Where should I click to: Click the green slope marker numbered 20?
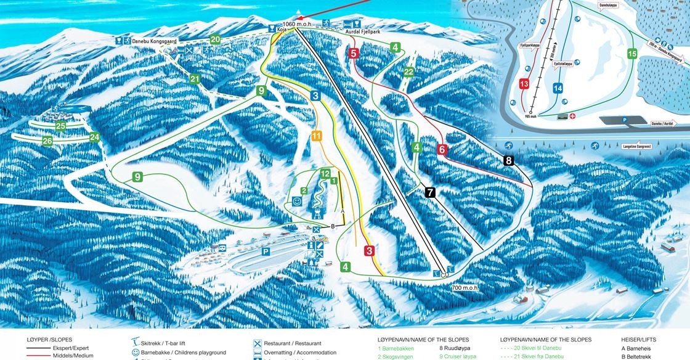(x=215, y=39)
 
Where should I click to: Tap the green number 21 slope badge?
(x=195, y=79)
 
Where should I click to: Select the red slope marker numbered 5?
(x=354, y=54)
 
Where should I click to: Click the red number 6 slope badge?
(x=442, y=149)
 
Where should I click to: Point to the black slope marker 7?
(x=430, y=192)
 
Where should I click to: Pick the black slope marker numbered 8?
(x=508, y=161)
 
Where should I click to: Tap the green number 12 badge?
(x=325, y=174)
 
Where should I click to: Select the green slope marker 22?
(x=408, y=72)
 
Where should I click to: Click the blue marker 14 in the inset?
(x=558, y=88)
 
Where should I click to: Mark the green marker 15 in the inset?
(x=631, y=54)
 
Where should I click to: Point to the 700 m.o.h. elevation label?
(x=464, y=288)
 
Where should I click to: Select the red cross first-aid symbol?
(x=572, y=115)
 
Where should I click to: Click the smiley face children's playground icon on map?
(x=297, y=201)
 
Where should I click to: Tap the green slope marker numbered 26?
(x=47, y=141)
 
